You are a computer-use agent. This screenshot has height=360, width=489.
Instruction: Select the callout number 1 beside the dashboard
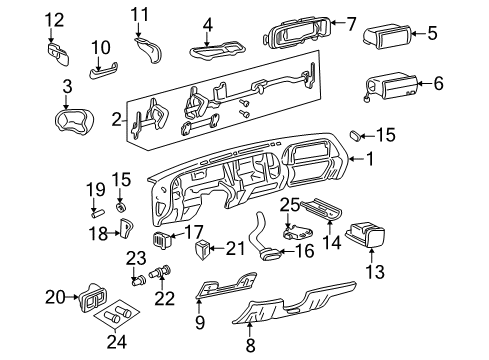click(x=370, y=157)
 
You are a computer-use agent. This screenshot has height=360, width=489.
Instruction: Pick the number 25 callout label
click(x=289, y=204)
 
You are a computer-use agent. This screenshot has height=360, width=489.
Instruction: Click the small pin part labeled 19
click(x=94, y=211)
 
